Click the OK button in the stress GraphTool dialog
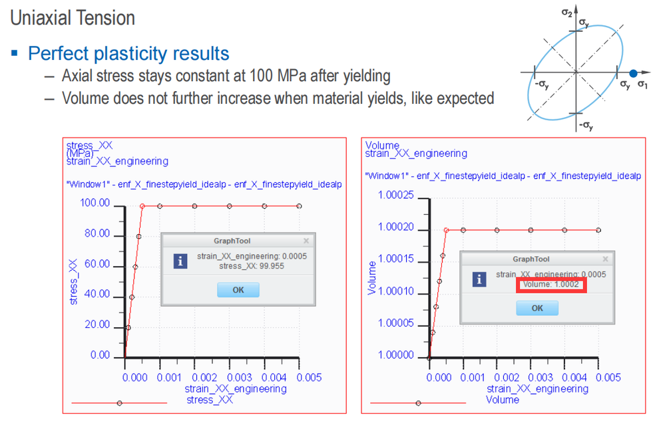238,290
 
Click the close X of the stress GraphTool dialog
306,241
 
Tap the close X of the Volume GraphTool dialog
605,259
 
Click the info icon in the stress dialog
180,261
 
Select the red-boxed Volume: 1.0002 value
551,285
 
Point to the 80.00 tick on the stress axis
97,233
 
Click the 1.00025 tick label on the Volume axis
395,196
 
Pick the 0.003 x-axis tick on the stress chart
239,377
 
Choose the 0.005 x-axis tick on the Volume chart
608,377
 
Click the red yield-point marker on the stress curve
142,206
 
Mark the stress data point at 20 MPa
128,327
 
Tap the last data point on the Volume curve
598,230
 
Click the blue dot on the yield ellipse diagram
633,73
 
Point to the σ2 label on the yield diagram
567,12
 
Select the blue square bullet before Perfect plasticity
15,53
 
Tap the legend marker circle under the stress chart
120,403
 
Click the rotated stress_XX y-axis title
73,282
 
